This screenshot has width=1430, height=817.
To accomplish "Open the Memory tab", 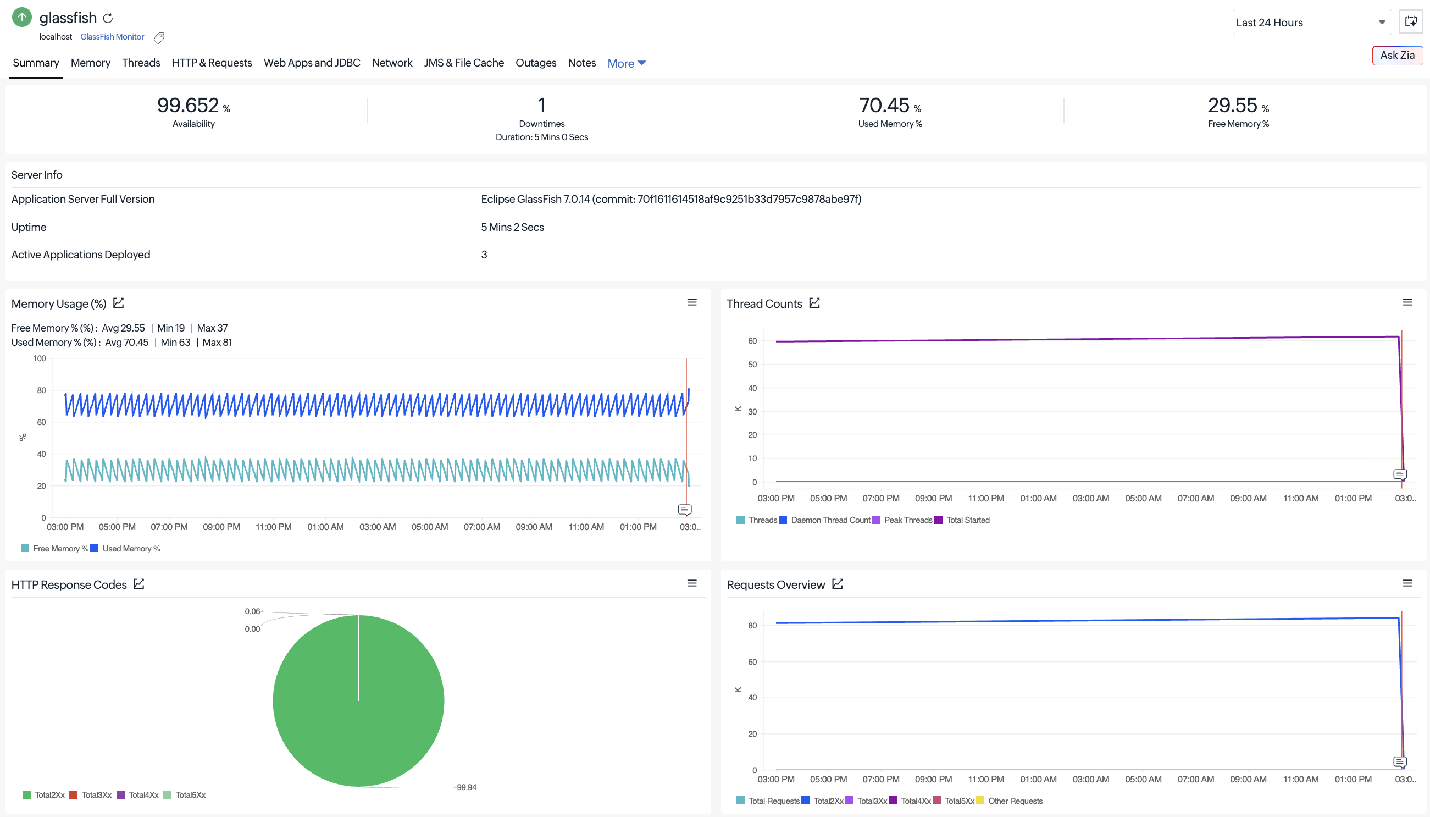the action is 90,63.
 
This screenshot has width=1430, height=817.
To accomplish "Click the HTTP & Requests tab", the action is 212,63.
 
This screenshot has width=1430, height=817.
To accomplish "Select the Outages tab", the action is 535,63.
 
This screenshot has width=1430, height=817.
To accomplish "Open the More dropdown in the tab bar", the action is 627,63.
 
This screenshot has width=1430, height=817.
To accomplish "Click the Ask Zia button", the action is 1397,55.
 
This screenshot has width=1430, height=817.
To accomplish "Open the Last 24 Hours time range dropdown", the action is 1311,23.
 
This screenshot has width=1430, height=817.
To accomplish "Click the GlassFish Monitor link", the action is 112,36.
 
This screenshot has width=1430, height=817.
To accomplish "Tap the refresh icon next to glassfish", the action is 108,19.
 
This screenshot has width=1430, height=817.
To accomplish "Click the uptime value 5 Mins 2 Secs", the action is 512,227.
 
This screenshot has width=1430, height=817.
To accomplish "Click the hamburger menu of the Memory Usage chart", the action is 692,302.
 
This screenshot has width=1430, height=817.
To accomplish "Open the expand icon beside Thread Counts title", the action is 814,303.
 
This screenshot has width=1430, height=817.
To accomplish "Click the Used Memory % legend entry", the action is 126,548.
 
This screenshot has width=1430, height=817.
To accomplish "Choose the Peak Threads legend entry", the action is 902,520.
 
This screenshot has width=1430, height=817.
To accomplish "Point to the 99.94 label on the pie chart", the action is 467,787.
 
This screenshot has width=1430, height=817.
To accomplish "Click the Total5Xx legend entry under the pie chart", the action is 185,794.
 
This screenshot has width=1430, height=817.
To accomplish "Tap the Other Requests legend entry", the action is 1010,801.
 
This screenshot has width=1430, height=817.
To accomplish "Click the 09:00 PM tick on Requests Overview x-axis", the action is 933,779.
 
